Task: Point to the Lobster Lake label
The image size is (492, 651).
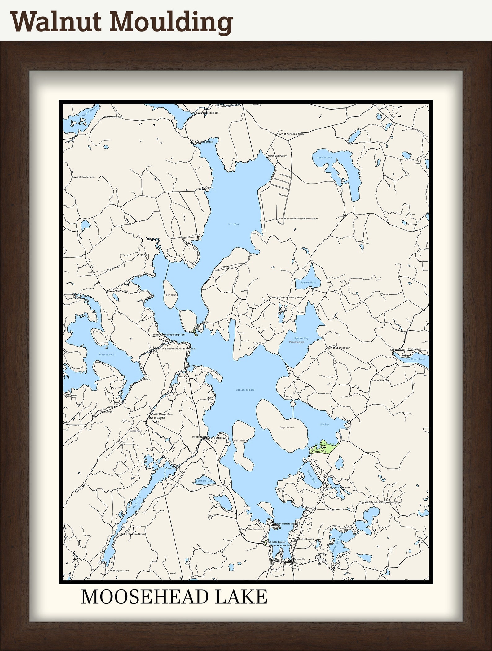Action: (x=324, y=158)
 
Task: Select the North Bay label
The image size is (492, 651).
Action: (x=233, y=224)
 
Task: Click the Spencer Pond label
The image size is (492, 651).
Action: (x=308, y=282)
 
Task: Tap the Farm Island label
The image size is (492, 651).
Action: (x=171, y=295)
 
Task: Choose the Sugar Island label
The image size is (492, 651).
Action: (x=287, y=427)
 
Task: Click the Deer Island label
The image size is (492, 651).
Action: (x=241, y=441)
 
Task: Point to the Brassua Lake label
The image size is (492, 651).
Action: (x=107, y=354)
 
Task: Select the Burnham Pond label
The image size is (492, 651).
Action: (x=204, y=481)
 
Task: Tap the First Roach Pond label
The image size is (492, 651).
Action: (x=415, y=359)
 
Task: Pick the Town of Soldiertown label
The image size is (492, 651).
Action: (x=83, y=177)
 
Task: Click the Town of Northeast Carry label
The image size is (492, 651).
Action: (x=291, y=134)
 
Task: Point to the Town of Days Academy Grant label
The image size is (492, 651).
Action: (x=287, y=297)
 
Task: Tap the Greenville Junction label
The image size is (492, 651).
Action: (x=251, y=529)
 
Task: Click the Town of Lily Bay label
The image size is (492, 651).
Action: (x=380, y=380)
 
